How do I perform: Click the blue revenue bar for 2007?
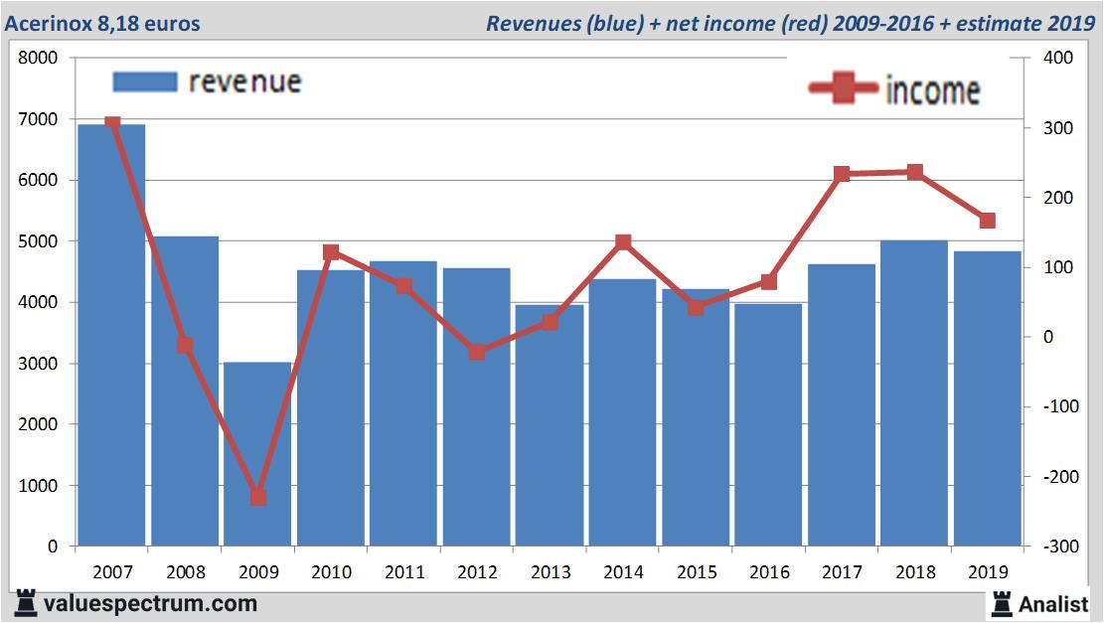[x=111, y=338]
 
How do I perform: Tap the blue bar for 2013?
[x=550, y=427]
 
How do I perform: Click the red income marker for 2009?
[x=257, y=496]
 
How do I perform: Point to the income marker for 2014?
[x=623, y=242]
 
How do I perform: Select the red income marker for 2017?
[x=842, y=174]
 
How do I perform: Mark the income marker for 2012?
[x=477, y=352]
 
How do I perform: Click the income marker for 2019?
[x=987, y=221]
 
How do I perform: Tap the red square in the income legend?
[x=845, y=90]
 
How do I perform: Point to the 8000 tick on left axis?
[x=39, y=59]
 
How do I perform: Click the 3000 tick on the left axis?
[x=39, y=364]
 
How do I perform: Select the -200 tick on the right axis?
[x=1055, y=477]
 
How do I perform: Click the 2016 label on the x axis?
[x=769, y=572]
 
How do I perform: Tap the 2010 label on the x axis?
[x=331, y=572]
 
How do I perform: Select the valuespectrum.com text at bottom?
[x=150, y=603]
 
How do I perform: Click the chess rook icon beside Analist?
[x=1001, y=603]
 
